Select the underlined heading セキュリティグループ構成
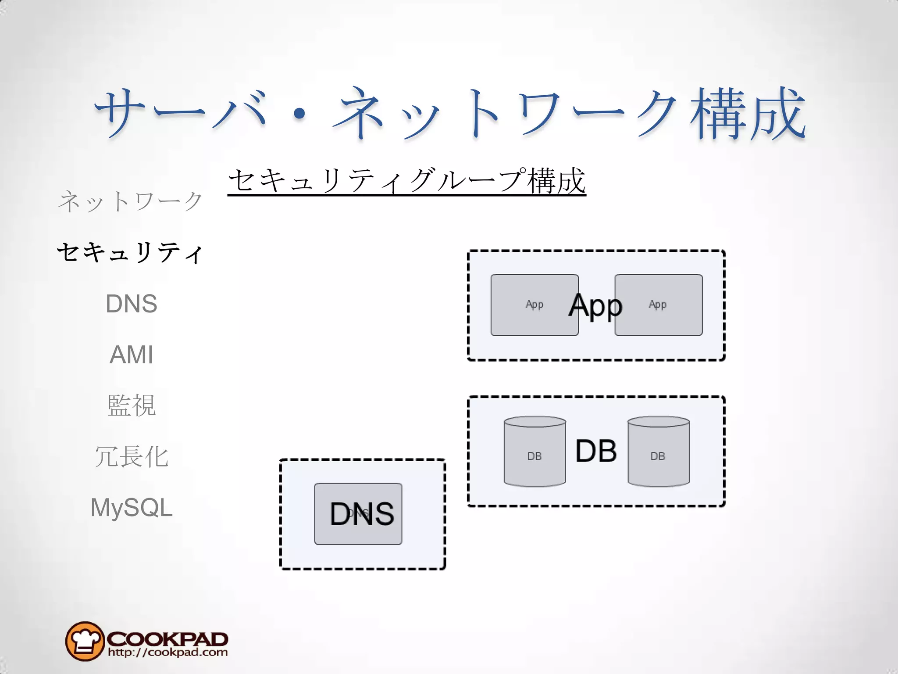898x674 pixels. click(406, 181)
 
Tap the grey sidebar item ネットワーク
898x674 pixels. click(131, 201)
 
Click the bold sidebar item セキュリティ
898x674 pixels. click(131, 253)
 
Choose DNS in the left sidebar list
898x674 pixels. click(131, 304)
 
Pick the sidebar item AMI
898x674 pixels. click(131, 355)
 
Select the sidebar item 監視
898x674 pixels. click(131, 405)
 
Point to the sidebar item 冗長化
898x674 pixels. click(131, 456)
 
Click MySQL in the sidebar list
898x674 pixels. click(131, 508)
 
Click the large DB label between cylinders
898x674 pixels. click(596, 451)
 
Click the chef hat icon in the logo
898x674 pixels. click(85, 641)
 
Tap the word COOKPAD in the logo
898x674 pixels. click(167, 638)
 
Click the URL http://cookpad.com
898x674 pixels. click(168, 652)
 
